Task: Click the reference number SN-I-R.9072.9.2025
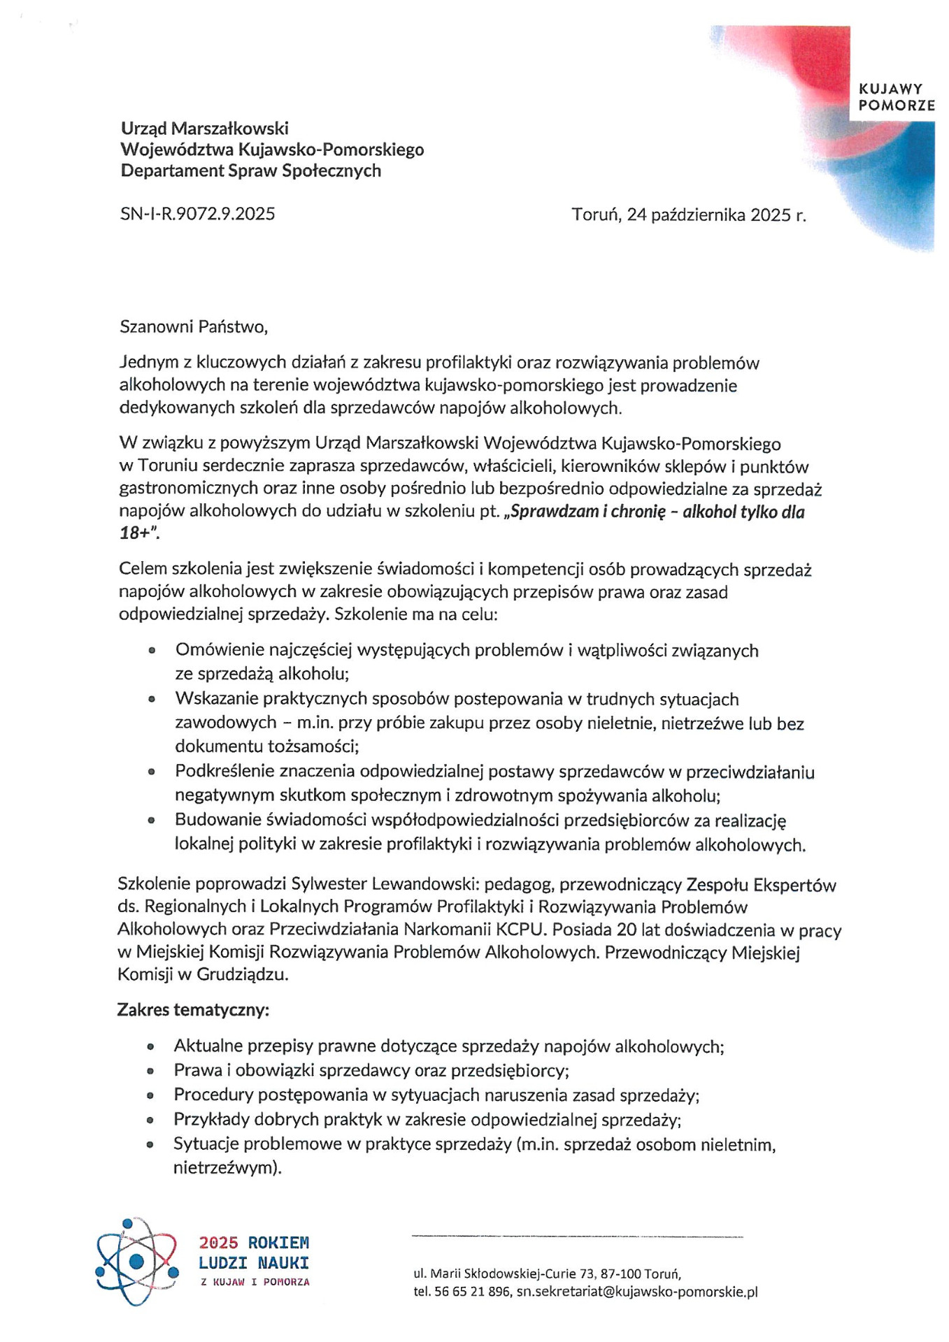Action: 197,214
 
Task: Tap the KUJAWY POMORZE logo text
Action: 896,97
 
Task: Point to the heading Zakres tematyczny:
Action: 193,1010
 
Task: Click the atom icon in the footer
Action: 137,1261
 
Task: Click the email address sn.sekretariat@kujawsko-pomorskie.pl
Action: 637,1292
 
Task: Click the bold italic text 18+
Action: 137,533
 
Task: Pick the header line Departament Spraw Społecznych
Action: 251,171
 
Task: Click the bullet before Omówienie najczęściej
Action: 151,650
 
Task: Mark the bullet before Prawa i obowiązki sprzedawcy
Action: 150,1070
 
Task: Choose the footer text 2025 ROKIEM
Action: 254,1243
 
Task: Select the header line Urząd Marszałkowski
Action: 205,128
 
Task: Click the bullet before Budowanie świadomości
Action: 151,821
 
